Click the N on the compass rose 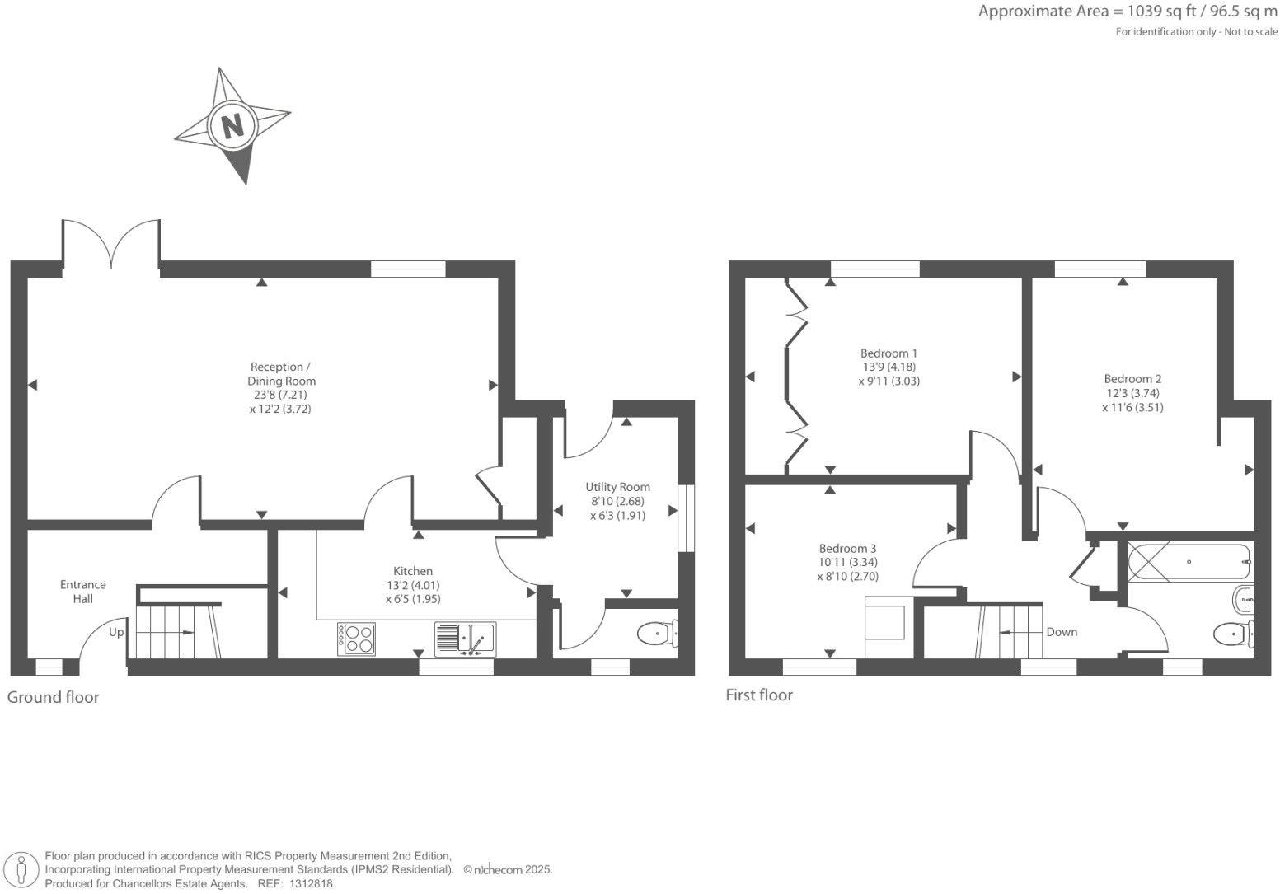pos(232,126)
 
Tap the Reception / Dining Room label pos(281,374)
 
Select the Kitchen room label pos(413,571)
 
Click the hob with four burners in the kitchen pos(356,639)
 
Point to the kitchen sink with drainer pos(464,639)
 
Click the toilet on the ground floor pos(656,634)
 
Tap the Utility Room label pos(617,487)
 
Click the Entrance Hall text pos(82,592)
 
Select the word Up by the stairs pos(116,632)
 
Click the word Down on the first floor pos(1062,632)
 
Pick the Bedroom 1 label pos(888,353)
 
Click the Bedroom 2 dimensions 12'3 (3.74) pos(1132,393)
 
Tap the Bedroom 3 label pos(847,549)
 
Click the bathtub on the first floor pos(1189,562)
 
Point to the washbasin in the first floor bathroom pos(1243,599)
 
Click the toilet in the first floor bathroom pos(1232,634)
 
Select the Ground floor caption pos(53,697)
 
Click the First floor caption pos(759,695)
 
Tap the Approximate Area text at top pos(1127,12)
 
